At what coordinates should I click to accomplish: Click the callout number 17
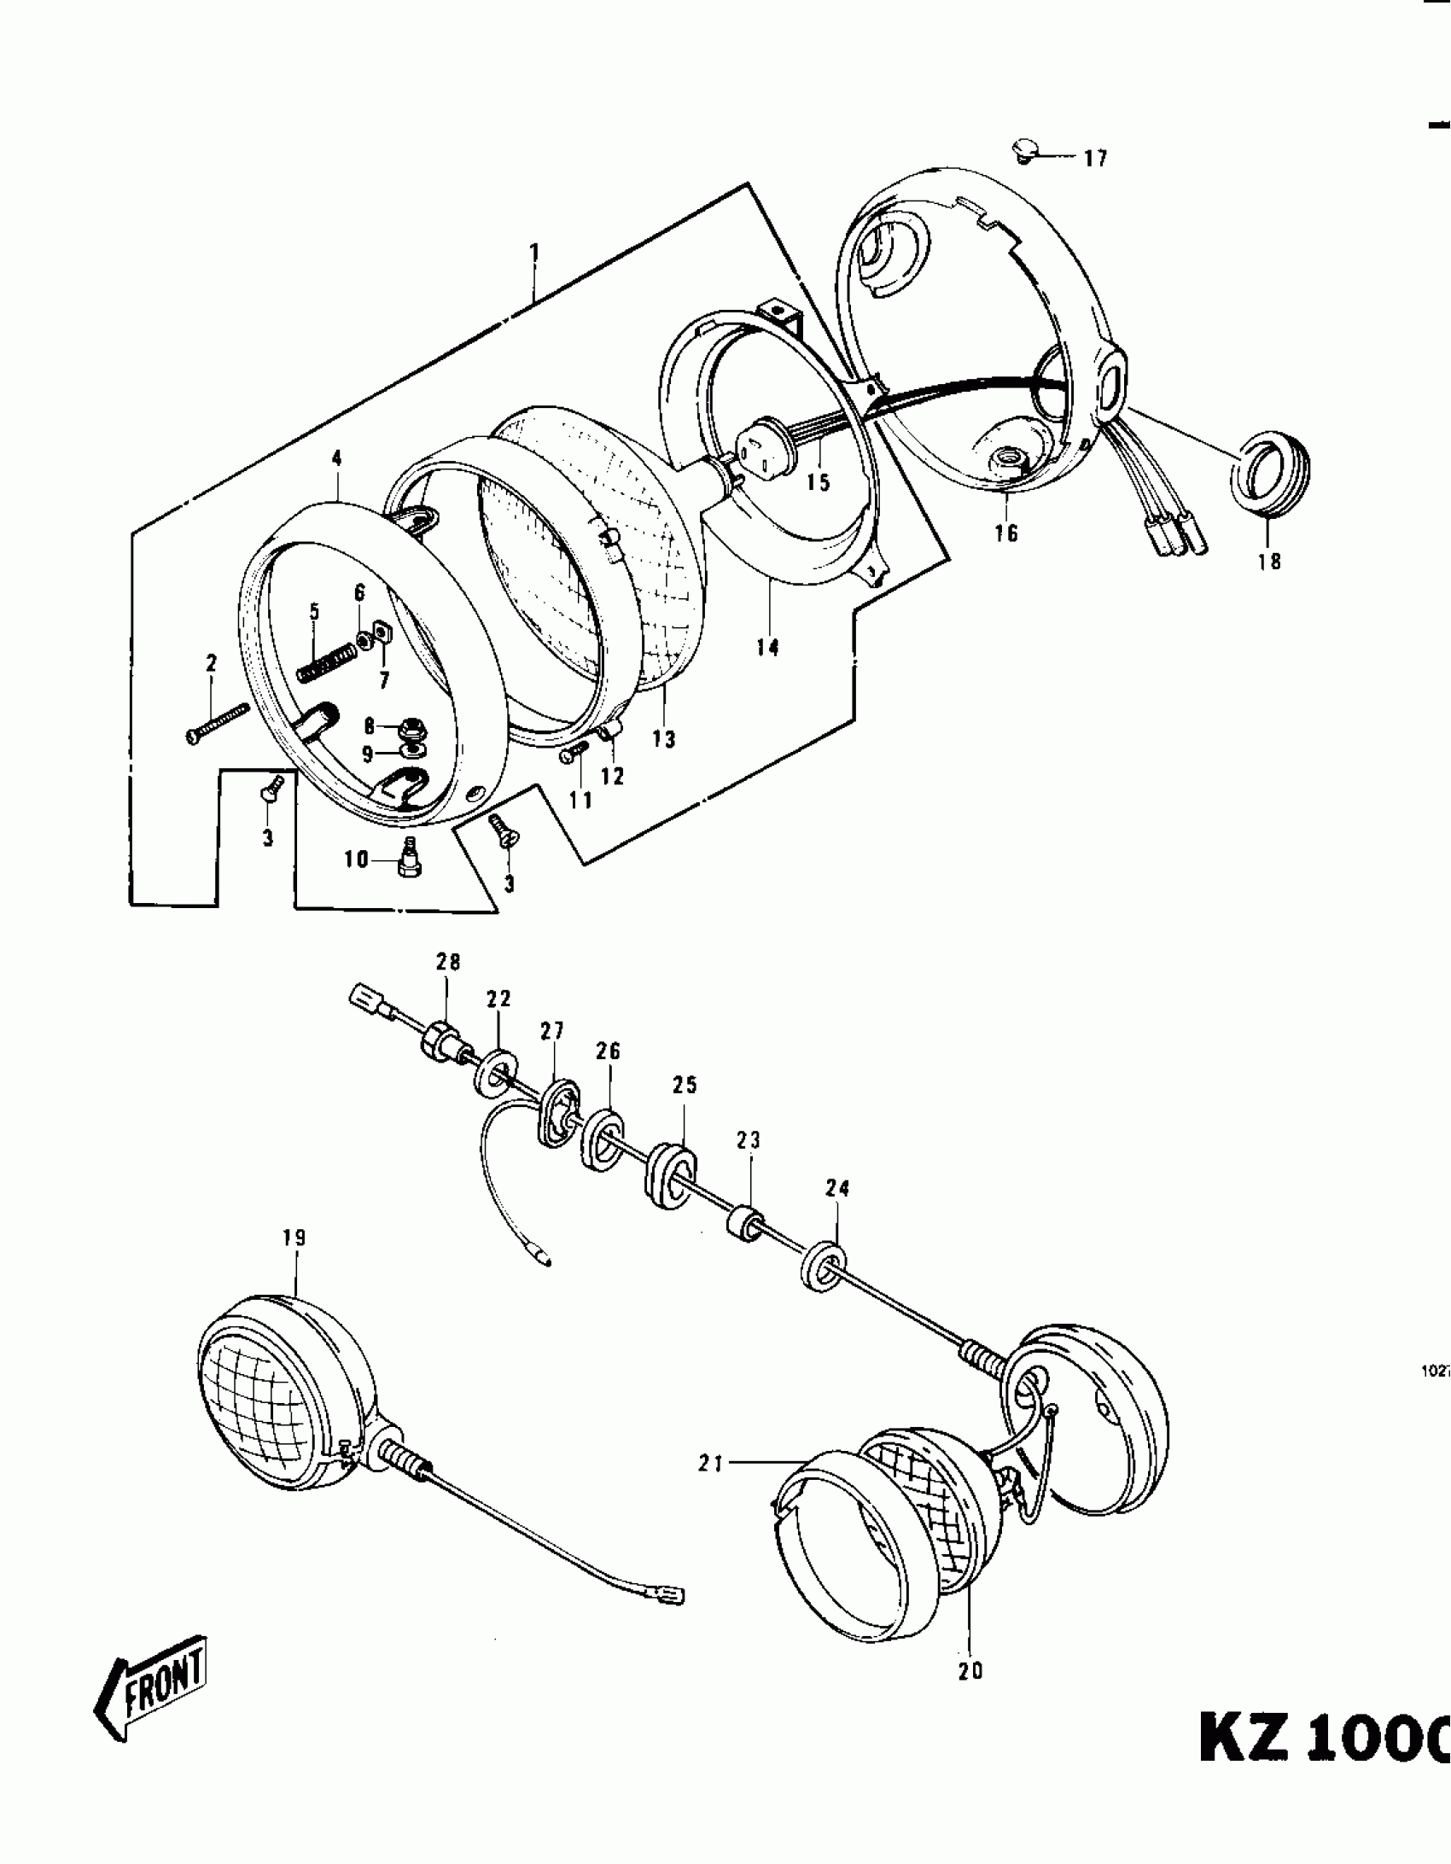click(x=1095, y=158)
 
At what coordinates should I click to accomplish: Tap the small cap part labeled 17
click(x=1024, y=153)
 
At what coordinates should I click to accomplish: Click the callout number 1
click(x=534, y=253)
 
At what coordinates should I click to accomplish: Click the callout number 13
click(x=663, y=739)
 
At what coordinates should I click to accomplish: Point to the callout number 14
click(x=767, y=648)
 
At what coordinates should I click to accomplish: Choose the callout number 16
click(x=1006, y=533)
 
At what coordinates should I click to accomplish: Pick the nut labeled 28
click(x=440, y=1043)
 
